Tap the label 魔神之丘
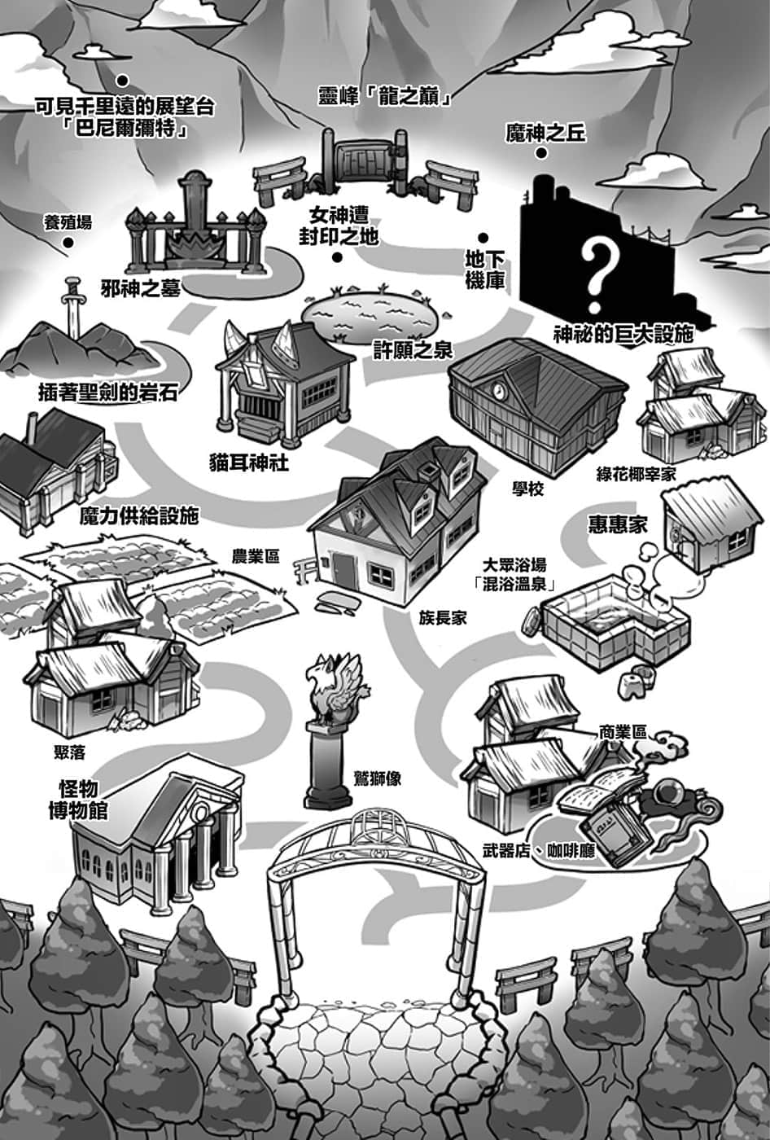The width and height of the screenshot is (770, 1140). tap(545, 134)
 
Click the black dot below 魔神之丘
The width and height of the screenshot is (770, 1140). tap(541, 153)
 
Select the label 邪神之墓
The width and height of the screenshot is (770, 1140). tap(140, 288)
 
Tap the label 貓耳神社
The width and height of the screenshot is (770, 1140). tap(249, 463)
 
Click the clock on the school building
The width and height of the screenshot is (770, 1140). tap(499, 390)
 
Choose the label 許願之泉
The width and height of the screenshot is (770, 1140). tap(413, 349)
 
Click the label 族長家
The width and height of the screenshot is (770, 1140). tap(442, 618)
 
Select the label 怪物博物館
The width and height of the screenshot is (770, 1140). tap(78, 800)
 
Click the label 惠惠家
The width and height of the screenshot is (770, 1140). tap(618, 524)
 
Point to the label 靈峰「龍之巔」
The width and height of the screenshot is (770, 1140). tap(385, 96)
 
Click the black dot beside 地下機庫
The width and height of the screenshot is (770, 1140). tap(483, 238)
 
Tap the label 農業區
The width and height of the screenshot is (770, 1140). tap(256, 555)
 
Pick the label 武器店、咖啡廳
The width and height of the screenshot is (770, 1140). tap(539, 850)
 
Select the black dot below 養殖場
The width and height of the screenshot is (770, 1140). tap(68, 243)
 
